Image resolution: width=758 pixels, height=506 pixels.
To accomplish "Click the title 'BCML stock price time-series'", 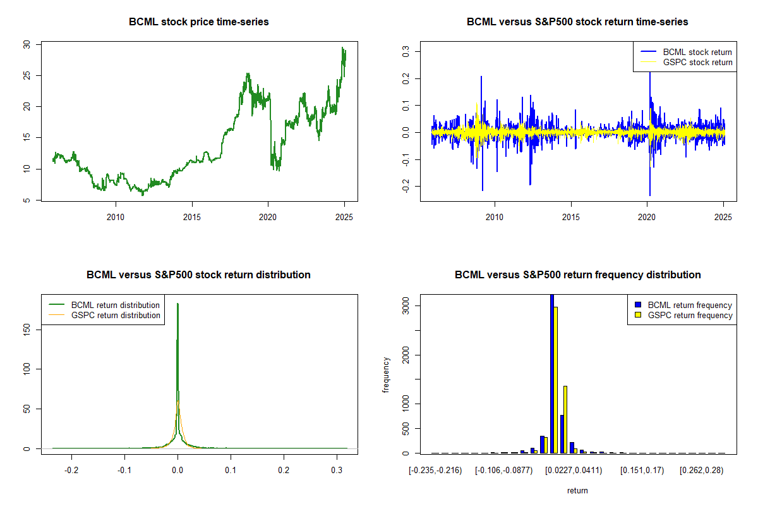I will [x=198, y=22].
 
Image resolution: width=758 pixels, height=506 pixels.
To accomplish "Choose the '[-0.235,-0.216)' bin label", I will [x=435, y=471].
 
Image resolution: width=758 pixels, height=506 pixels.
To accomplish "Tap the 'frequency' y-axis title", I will [x=386, y=375].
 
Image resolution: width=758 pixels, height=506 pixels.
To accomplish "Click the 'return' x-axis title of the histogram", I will [x=577, y=490].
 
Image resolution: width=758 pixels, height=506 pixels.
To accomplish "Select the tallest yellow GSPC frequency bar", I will [x=556, y=379].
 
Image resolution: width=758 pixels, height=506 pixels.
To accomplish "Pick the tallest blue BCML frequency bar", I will [x=551, y=373].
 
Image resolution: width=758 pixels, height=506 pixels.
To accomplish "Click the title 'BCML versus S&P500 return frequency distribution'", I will [x=577, y=275].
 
